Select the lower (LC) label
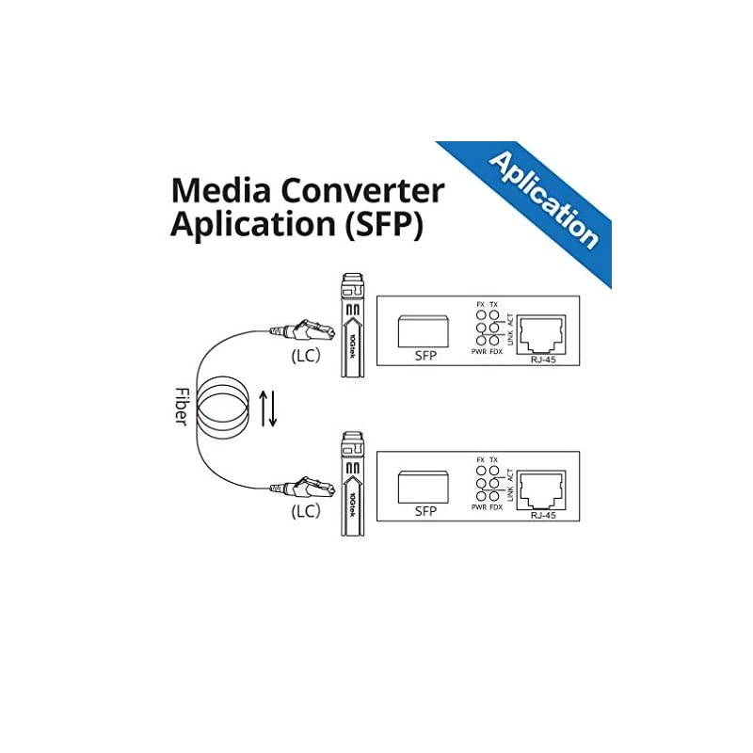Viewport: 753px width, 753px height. [x=303, y=513]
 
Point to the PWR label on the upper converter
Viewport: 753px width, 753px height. [x=479, y=353]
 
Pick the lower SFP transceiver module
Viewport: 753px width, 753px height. [x=351, y=480]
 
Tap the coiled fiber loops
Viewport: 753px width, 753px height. [x=224, y=407]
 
